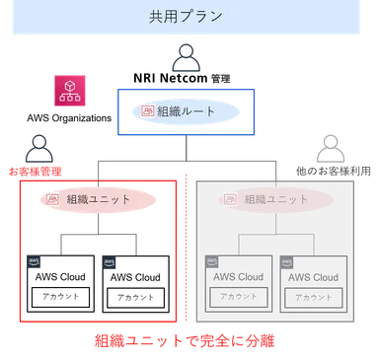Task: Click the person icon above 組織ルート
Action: pyautogui.click(x=185, y=60)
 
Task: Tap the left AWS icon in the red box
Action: pyautogui.click(x=34, y=262)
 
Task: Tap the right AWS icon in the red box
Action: pyautogui.click(x=110, y=262)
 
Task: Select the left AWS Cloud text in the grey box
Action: pyautogui.click(x=238, y=277)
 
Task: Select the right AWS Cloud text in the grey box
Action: pyautogui.click(x=313, y=277)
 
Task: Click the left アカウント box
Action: pyautogui.click(x=234, y=297)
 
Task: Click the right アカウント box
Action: pyautogui.click(x=311, y=297)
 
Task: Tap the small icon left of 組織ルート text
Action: pyautogui.click(x=148, y=111)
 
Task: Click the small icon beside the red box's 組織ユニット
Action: pyautogui.click(x=54, y=199)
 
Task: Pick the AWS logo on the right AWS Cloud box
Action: pyautogui.click(x=287, y=262)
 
